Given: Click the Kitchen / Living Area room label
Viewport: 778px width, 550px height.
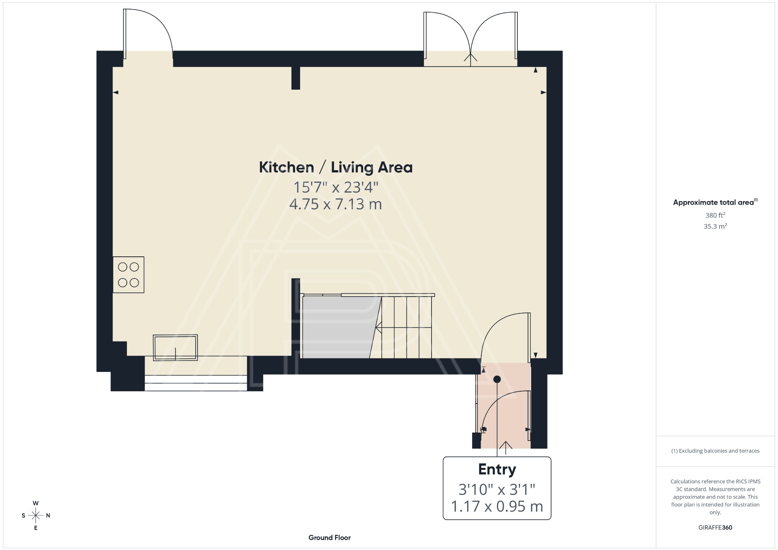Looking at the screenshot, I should [335, 168].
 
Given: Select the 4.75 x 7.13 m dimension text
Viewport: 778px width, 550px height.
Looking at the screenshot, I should [335, 204].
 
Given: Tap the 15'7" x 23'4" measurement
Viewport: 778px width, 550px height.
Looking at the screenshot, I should [335, 187].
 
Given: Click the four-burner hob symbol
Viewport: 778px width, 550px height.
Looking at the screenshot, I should [128, 275].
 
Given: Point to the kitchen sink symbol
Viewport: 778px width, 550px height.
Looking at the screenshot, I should [175, 347].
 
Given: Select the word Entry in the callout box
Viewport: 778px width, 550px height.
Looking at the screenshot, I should [497, 469].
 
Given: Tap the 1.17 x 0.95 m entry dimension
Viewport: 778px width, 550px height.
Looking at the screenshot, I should [497, 506].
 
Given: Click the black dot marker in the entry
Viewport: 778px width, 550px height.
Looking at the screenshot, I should [497, 379].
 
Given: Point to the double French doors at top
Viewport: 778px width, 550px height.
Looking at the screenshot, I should [470, 38].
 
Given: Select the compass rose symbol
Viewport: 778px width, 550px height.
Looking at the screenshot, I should [36, 515].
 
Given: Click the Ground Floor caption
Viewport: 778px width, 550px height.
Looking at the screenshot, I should [329, 537].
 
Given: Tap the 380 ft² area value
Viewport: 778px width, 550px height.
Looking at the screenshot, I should [715, 215].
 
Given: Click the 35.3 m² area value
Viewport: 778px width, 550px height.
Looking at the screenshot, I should [715, 226].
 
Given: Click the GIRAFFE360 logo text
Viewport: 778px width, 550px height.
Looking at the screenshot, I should [715, 528].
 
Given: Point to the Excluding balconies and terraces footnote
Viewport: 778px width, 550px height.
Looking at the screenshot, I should [715, 451].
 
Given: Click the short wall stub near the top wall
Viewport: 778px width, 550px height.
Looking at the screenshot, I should [296, 78].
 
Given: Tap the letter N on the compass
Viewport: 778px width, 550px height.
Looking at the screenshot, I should [48, 515].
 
